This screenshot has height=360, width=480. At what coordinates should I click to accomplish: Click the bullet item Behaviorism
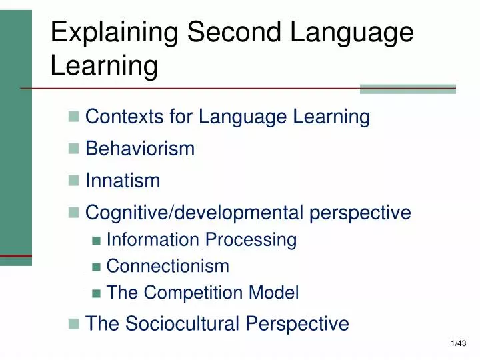coord(140,149)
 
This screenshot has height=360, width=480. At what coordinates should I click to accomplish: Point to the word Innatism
coord(123,181)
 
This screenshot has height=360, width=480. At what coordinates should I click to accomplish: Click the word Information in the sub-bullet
coord(153,239)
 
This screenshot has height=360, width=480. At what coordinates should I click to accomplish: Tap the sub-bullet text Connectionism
coord(167,266)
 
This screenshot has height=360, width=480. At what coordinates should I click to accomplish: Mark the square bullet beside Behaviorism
coord(73,149)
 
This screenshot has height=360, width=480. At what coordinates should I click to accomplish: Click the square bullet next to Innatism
coord(73,181)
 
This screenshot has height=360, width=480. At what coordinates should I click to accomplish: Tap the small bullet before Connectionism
coord(96,267)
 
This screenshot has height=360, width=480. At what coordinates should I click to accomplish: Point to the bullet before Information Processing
coord(96,240)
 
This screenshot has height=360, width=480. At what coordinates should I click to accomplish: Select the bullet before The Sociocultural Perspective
coord(73,325)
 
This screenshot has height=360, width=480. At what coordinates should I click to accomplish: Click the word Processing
coord(251,239)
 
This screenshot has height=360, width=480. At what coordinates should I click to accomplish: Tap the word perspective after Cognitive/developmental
coord(363,213)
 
